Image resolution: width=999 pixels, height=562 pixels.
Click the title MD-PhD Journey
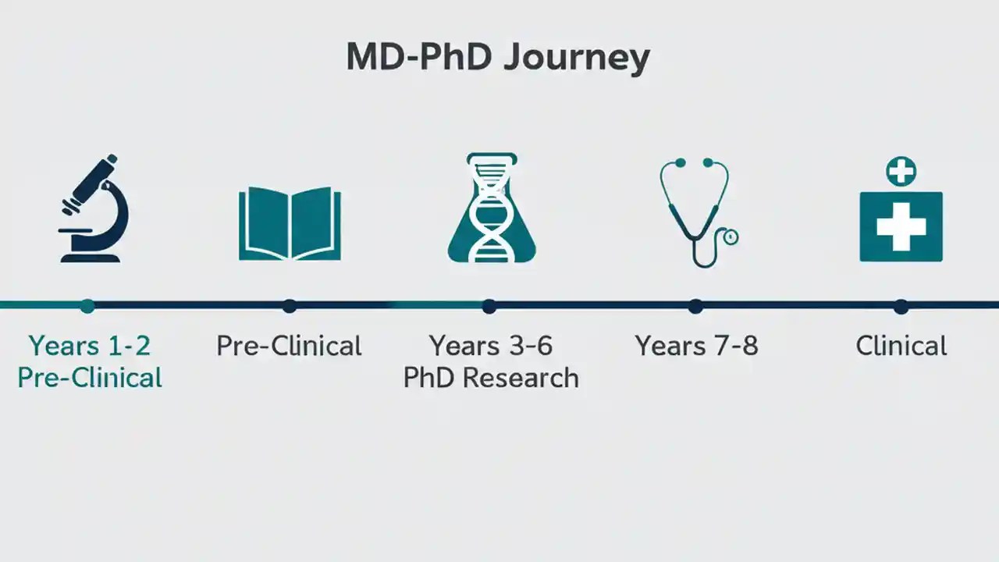point(498,58)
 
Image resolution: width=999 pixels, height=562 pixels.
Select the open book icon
point(290,223)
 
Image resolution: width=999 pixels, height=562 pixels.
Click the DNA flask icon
point(491,209)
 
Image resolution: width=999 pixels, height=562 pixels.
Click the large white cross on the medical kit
point(901,226)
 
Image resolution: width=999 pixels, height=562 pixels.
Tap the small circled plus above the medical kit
point(901,172)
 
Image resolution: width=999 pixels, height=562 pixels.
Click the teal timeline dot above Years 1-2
point(87,306)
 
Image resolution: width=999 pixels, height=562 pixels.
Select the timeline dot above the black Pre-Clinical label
point(290,306)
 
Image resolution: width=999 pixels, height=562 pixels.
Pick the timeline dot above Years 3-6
point(489,306)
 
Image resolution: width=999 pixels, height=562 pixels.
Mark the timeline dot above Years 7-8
point(695,306)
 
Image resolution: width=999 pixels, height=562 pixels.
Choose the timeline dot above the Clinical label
point(901,306)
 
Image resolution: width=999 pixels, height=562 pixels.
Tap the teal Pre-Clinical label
point(90,378)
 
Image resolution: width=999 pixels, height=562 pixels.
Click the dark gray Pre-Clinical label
point(289,346)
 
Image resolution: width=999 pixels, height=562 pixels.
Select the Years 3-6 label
point(491,345)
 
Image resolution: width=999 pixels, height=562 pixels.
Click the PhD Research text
point(491,378)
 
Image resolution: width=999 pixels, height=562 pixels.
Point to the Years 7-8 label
point(696,345)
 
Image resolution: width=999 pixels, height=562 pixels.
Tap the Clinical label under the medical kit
point(901,346)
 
